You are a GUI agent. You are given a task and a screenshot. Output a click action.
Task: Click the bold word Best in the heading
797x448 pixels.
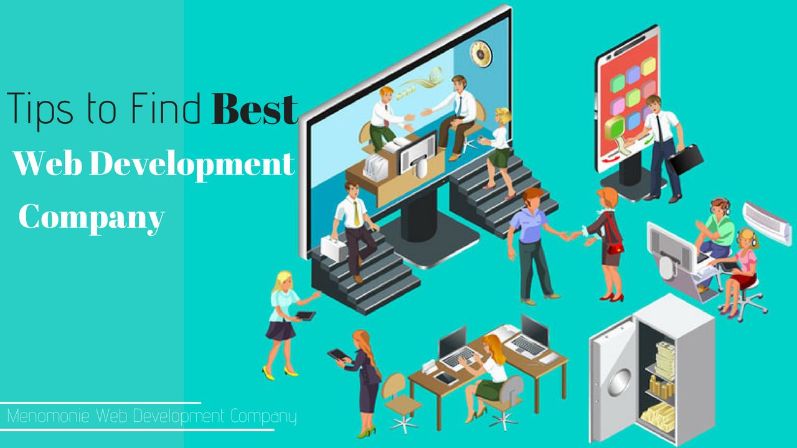pyautogui.click(x=255, y=109)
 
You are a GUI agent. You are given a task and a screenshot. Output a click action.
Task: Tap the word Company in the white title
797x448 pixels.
pyautogui.click(x=92, y=218)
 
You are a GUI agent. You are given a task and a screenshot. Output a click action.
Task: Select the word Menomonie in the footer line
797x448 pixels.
pyautogui.click(x=48, y=416)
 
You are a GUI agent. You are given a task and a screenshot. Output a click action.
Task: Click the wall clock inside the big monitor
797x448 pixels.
pyautogui.click(x=481, y=54)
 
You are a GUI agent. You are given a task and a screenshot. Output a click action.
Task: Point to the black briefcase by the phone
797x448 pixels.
pyautogui.click(x=686, y=159)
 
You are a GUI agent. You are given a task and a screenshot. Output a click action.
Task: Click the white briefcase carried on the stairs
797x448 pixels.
pyautogui.click(x=334, y=248)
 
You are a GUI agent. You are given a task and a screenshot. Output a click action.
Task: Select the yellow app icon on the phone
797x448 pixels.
pyautogui.click(x=648, y=66)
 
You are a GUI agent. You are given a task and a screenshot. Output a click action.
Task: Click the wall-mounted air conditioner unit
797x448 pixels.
pyautogui.click(x=767, y=223)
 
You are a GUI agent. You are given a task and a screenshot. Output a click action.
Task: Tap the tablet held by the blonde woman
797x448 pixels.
pyautogui.click(x=305, y=315)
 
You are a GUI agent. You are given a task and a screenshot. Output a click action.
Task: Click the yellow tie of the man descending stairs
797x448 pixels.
pyautogui.click(x=356, y=214)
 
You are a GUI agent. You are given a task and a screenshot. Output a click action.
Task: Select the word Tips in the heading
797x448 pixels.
pyautogui.click(x=40, y=109)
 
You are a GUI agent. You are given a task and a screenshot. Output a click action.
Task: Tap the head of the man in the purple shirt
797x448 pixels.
pyautogui.click(x=532, y=199)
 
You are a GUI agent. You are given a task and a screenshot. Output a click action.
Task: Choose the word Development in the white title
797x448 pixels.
pyautogui.click(x=192, y=164)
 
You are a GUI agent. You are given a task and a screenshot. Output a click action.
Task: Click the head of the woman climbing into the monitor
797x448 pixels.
pyautogui.click(x=503, y=116)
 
